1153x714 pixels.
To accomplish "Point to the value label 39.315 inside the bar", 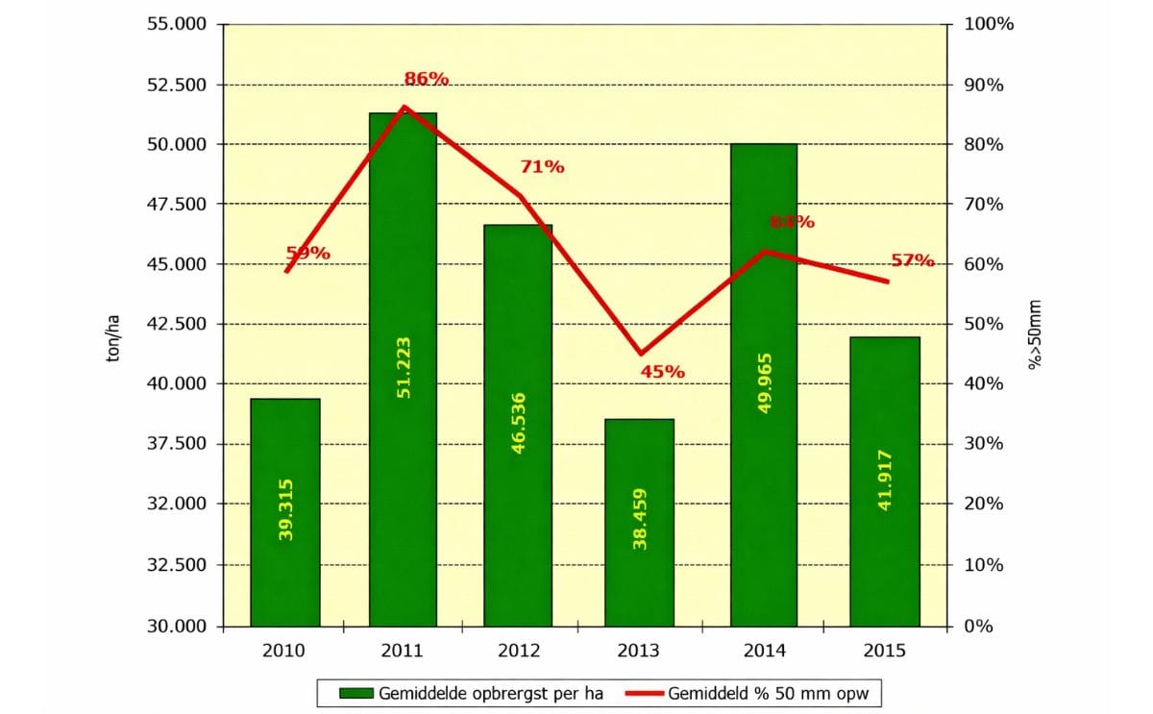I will pyautogui.click(x=285, y=509).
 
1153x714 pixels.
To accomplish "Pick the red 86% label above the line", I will pyautogui.click(x=426, y=79).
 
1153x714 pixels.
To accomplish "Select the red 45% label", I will pyautogui.click(x=662, y=371).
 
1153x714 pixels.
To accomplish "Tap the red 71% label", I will pyautogui.click(x=542, y=166).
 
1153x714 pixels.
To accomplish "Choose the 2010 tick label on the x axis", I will pyautogui.click(x=283, y=651).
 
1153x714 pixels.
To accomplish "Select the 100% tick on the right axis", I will pyautogui.click(x=982, y=24).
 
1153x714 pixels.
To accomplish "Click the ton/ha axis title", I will pyautogui.click(x=113, y=340).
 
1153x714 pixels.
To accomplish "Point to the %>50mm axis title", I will pyautogui.click(x=1034, y=335).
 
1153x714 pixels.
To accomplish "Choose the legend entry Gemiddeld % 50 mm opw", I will pyautogui.click(x=755, y=692).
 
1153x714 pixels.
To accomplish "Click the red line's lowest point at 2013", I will pyautogui.click(x=641, y=355).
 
